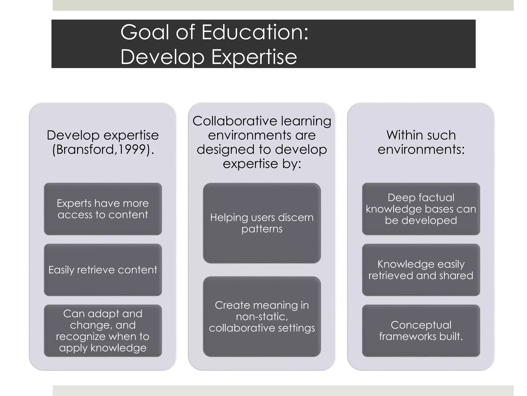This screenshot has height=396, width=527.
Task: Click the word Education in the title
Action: [255, 32]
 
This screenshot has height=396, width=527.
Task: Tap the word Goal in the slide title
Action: [145, 32]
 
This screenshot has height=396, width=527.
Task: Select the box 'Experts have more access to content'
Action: [103, 209]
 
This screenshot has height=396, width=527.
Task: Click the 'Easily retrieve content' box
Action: [103, 270]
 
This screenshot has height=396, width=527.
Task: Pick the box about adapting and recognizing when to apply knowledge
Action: [103, 331]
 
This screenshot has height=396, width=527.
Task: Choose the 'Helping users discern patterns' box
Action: [262, 223]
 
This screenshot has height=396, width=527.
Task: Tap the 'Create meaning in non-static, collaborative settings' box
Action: [262, 317]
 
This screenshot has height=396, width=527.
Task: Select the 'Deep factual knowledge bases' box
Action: [421, 209]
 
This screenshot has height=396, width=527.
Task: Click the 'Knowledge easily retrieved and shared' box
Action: [421, 270]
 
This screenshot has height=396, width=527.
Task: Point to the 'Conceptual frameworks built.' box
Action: [421, 331]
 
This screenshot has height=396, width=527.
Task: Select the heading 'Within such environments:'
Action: [421, 142]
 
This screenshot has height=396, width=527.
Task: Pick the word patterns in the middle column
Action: [262, 229]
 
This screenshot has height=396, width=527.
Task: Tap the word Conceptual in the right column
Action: [421, 325]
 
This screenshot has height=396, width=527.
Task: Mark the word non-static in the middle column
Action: [262, 317]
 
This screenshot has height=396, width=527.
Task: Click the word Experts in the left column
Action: [74, 203]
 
